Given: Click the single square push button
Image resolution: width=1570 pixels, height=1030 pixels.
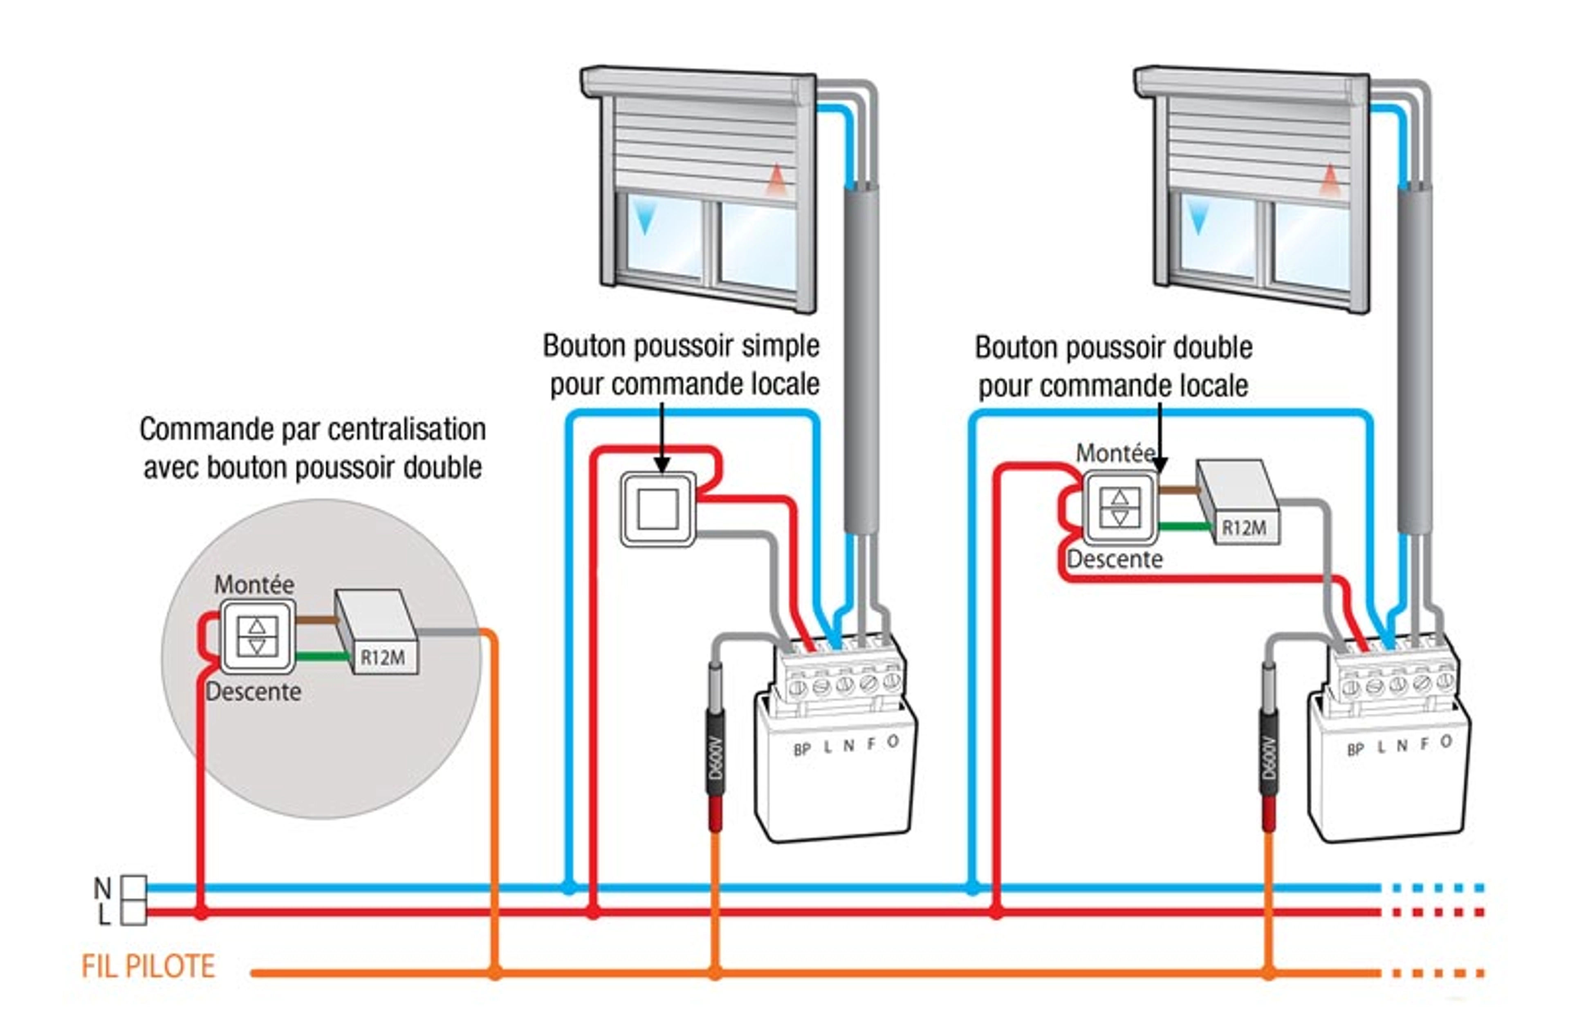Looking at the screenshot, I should [658, 508].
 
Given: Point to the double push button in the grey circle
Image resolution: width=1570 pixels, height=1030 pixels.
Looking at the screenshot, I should [257, 636].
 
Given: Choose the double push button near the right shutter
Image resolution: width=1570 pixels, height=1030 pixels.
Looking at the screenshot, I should [1120, 507].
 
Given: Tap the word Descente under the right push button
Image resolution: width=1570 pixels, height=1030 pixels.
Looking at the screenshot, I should [1115, 559].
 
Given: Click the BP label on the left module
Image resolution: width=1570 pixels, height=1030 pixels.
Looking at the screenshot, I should [801, 750].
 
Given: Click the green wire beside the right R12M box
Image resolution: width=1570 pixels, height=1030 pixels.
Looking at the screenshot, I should [1185, 526].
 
